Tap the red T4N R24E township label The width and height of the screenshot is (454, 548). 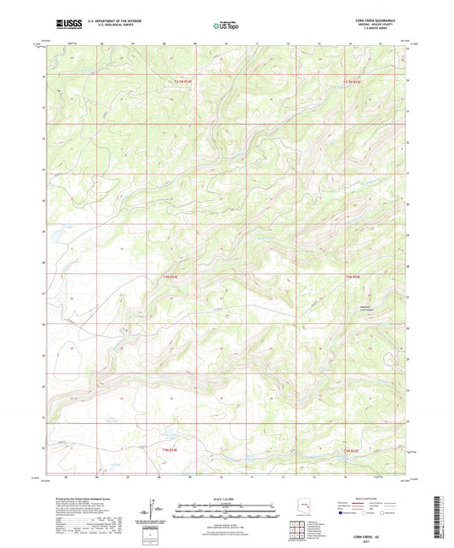[x=171, y=275]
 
